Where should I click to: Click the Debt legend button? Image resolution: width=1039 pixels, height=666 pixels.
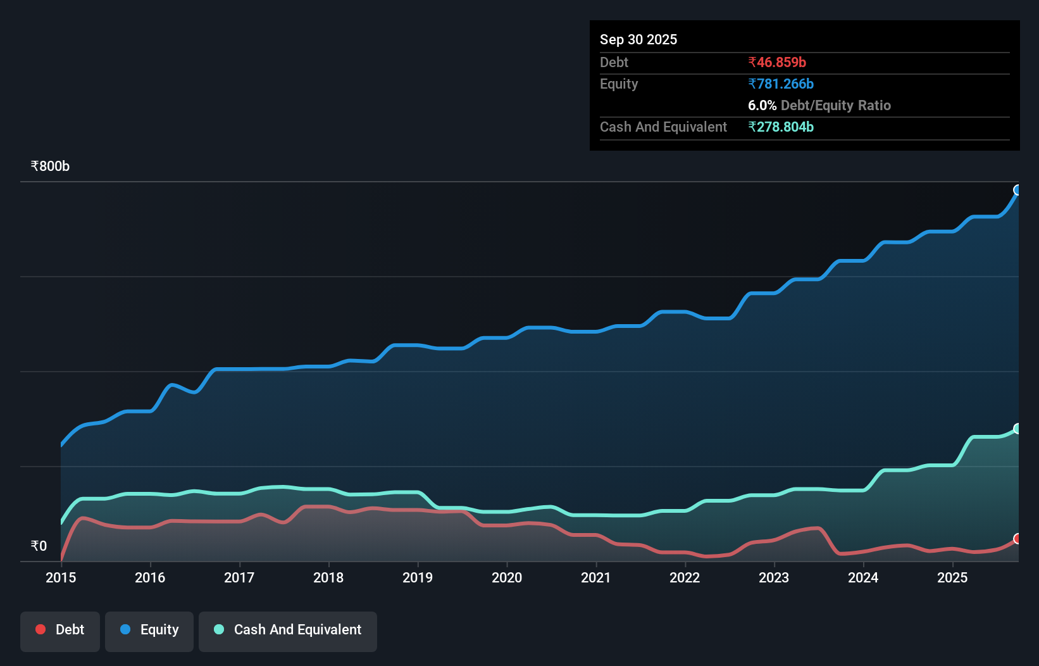(59, 630)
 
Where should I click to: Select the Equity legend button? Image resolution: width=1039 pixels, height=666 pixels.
(149, 630)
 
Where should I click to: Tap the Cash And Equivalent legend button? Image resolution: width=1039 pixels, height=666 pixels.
(288, 630)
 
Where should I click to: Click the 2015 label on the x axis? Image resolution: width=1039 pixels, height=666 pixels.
(61, 577)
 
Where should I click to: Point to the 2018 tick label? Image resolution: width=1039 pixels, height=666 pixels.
(328, 577)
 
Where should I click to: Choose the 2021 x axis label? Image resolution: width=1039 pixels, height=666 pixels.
(596, 577)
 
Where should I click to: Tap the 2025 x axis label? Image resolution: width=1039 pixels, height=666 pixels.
(952, 577)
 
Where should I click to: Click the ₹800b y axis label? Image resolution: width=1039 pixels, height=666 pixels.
(50, 166)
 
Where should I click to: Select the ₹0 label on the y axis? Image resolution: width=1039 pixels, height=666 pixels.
(39, 546)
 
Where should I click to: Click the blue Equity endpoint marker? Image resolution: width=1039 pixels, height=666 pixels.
(1017, 190)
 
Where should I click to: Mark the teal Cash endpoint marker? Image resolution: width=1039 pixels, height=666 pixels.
(1017, 429)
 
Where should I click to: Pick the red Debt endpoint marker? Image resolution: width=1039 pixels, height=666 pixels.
(1017, 539)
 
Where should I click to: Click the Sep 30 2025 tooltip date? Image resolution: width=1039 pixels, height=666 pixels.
(638, 39)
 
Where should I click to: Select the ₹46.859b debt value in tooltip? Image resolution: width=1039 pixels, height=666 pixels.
(776, 62)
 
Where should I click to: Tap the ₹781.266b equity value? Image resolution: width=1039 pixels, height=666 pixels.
(780, 84)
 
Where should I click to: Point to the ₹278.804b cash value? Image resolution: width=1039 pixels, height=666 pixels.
(780, 127)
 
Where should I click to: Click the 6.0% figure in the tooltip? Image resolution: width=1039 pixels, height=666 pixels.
(762, 105)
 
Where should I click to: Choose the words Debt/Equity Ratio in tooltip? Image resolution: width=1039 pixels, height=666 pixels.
(835, 105)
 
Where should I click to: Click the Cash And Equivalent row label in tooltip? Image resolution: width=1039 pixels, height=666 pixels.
(663, 127)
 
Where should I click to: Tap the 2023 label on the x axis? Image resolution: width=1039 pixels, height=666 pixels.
(774, 577)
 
